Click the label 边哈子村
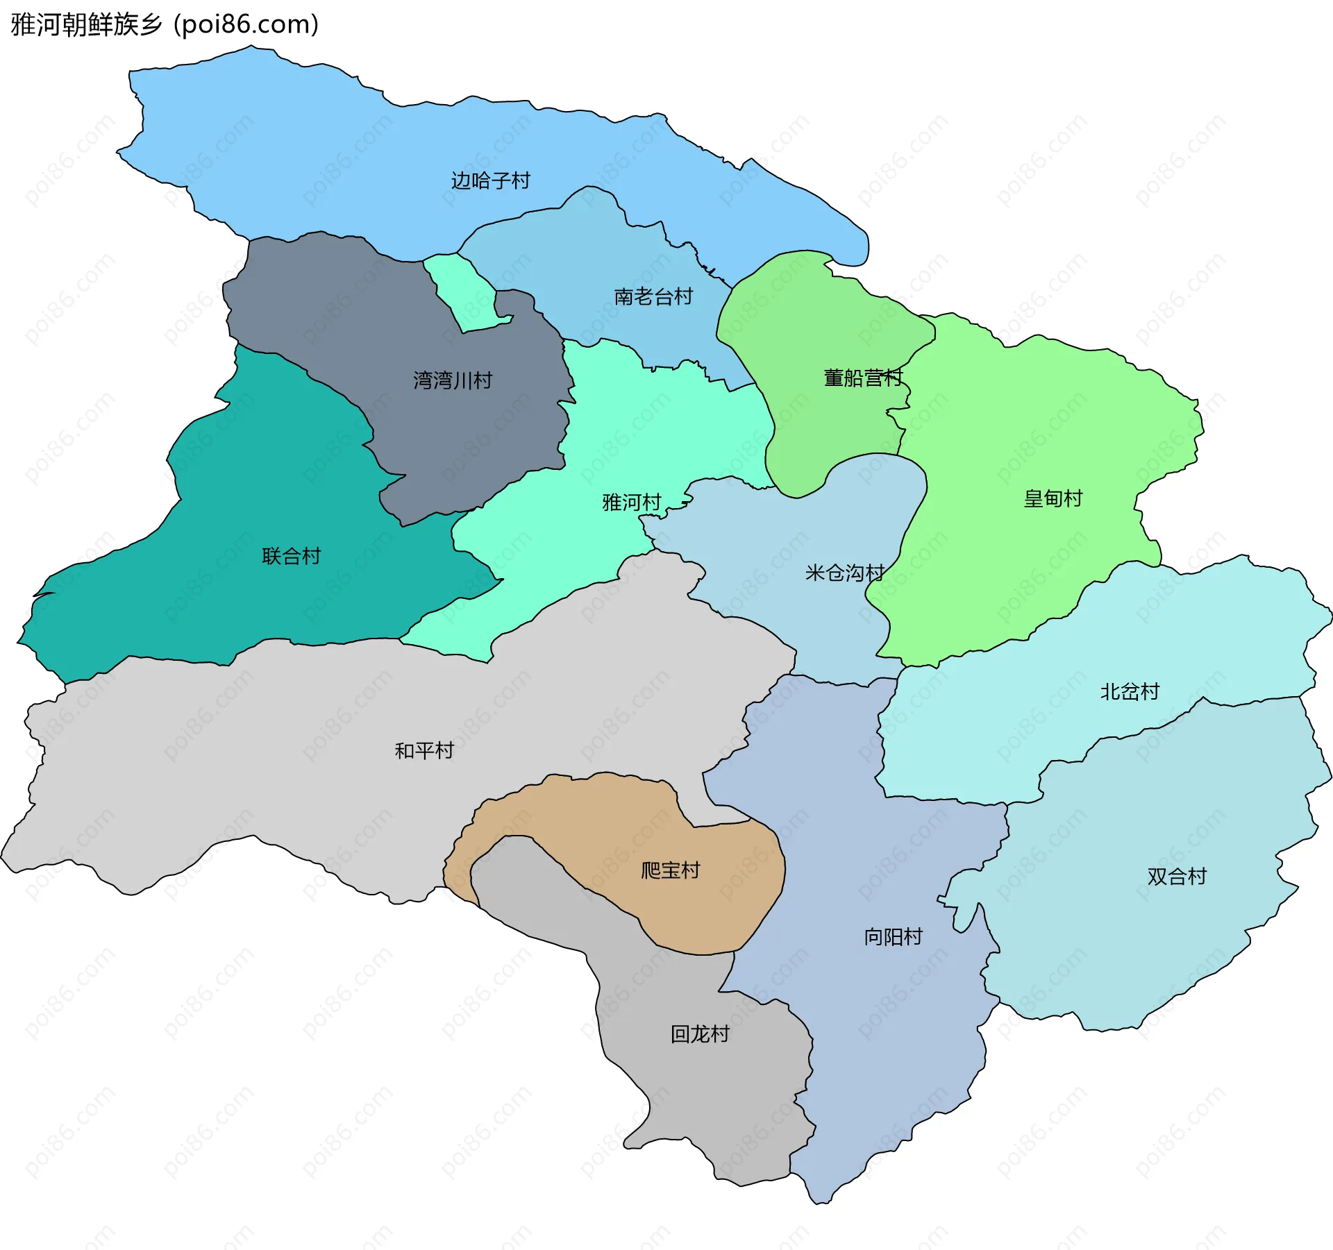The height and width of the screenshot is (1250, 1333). click(490, 181)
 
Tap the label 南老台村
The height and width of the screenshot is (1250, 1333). click(653, 297)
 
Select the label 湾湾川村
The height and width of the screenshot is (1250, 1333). click(453, 380)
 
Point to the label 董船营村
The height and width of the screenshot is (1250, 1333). click(862, 378)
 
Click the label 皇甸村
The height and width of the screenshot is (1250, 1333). click(1053, 498)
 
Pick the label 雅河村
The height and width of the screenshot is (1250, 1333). click(631, 502)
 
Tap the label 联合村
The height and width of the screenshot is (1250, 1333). click(291, 556)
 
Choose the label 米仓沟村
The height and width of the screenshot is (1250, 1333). click(844, 573)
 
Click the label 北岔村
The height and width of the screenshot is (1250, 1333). click(1130, 692)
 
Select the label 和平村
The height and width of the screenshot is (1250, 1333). click(424, 751)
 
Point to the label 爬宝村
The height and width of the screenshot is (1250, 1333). click(670, 870)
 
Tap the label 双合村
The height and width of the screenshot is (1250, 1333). click(1177, 877)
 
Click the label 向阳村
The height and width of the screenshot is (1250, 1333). click(893, 937)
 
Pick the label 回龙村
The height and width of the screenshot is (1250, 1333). click(700, 1034)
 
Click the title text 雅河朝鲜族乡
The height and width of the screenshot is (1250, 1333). click(86, 25)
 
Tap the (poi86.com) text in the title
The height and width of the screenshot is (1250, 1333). click(246, 25)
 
